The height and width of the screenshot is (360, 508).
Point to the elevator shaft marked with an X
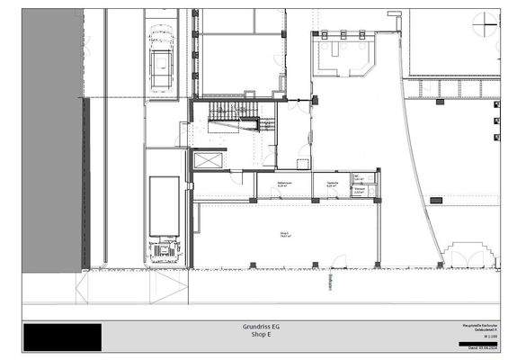[x=207, y=160]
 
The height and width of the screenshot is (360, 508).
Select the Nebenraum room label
[x=281, y=184]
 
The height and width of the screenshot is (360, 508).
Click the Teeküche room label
[x=332, y=184]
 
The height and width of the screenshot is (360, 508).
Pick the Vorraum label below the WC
[x=359, y=191]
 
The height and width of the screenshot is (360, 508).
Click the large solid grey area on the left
[x=52, y=135]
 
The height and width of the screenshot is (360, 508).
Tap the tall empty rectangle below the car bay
[x=164, y=206]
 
